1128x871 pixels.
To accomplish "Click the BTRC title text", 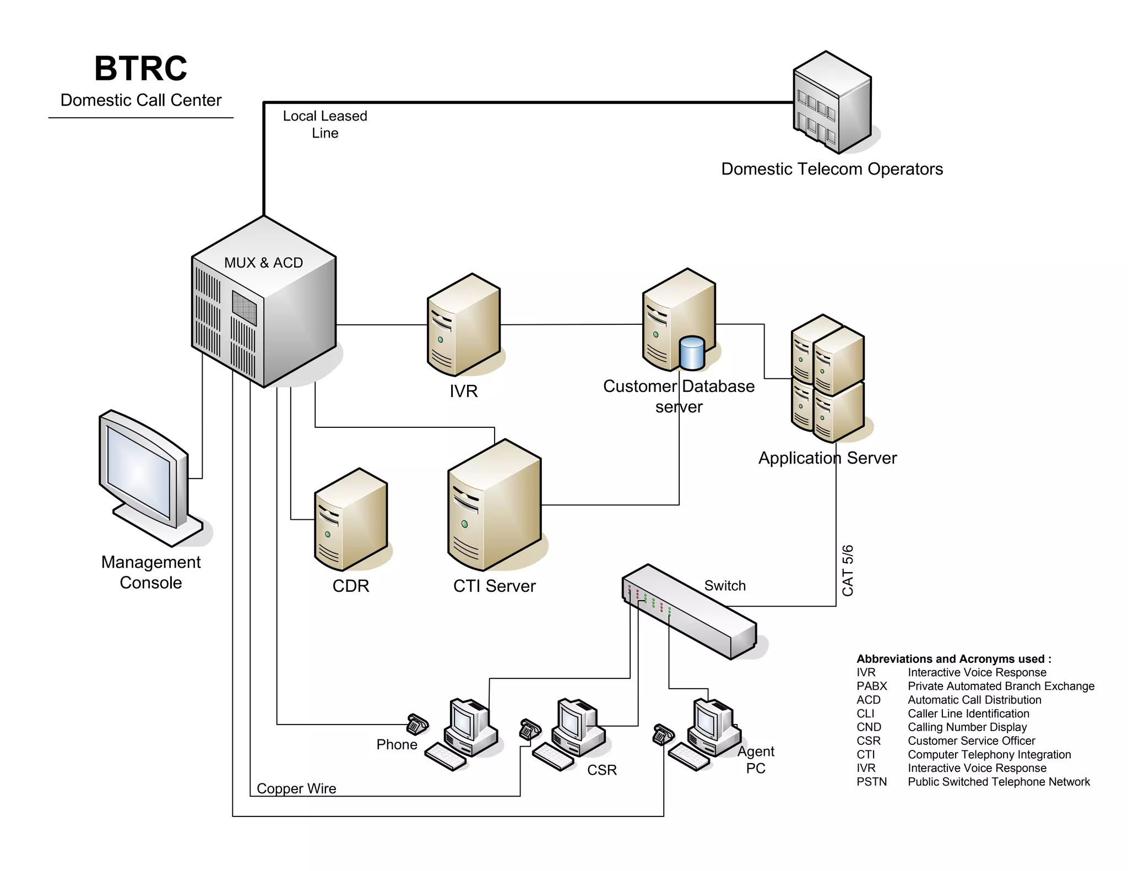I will [x=141, y=69].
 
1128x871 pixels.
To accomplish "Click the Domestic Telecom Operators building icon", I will [x=832, y=103].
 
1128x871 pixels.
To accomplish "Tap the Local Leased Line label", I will [x=325, y=124].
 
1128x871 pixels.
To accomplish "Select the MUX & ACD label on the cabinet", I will [x=263, y=263].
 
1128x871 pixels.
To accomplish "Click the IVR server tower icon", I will [x=463, y=325].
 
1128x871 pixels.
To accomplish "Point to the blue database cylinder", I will [x=692, y=353].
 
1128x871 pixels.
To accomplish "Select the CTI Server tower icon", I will [x=494, y=505].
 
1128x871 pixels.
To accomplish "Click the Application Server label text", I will [x=827, y=458].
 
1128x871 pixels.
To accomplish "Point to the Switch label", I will [x=725, y=586].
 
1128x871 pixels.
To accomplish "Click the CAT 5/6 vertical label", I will [x=848, y=570].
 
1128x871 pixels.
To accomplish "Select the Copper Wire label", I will [x=296, y=788].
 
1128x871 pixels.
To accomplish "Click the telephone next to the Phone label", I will [x=417, y=724].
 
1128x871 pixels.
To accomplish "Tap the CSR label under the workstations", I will [x=602, y=770].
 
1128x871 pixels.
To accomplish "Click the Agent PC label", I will [x=756, y=760].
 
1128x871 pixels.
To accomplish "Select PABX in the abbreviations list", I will [x=871, y=686].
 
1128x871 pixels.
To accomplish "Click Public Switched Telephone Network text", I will [x=999, y=782].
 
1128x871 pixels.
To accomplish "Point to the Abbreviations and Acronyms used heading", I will [x=953, y=659].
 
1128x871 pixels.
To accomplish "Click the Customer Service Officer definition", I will [x=971, y=741].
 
